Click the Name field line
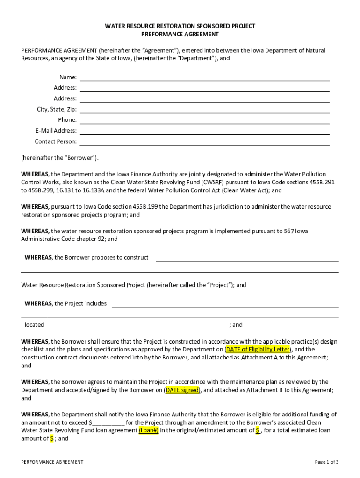[205, 78]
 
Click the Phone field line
[205, 121]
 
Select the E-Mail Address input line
[205, 132]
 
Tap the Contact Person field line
[205, 142]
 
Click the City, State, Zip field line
[205, 110]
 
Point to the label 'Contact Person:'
[56, 141]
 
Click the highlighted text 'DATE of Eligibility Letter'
[258, 349]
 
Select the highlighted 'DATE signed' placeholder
[182, 390]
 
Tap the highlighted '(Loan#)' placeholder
[149, 430]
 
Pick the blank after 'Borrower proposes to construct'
[247, 259]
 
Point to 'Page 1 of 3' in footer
[327, 462]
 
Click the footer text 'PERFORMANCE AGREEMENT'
[52, 462]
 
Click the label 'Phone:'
[67, 120]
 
